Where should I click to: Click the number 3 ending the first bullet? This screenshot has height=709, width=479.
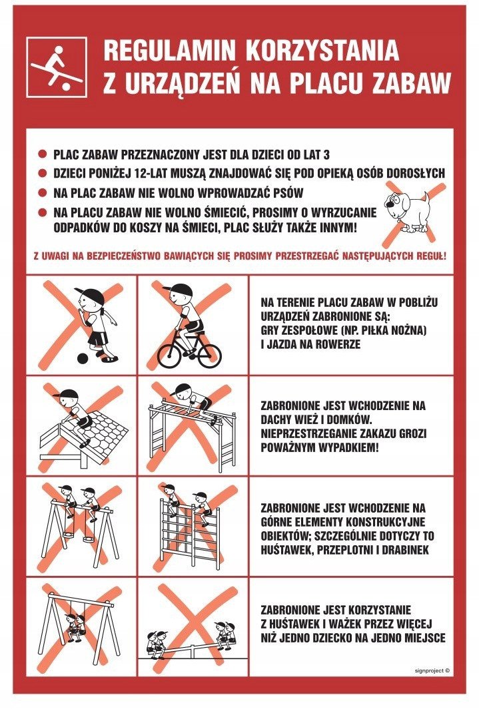click(x=326, y=155)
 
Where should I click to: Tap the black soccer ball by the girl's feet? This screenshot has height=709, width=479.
click(x=83, y=358)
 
